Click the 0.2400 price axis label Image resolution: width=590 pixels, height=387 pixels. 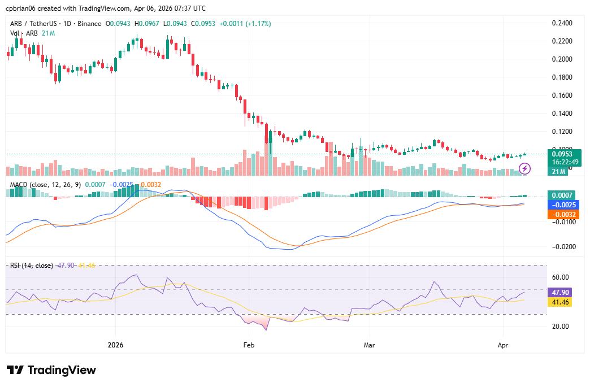(562, 23)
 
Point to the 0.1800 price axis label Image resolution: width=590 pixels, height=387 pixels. (562, 77)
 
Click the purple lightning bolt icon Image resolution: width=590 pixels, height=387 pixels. (524, 168)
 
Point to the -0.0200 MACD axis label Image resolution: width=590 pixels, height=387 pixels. (562, 247)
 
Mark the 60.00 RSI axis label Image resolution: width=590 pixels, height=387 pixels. (560, 277)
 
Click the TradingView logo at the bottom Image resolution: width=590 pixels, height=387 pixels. (51, 370)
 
